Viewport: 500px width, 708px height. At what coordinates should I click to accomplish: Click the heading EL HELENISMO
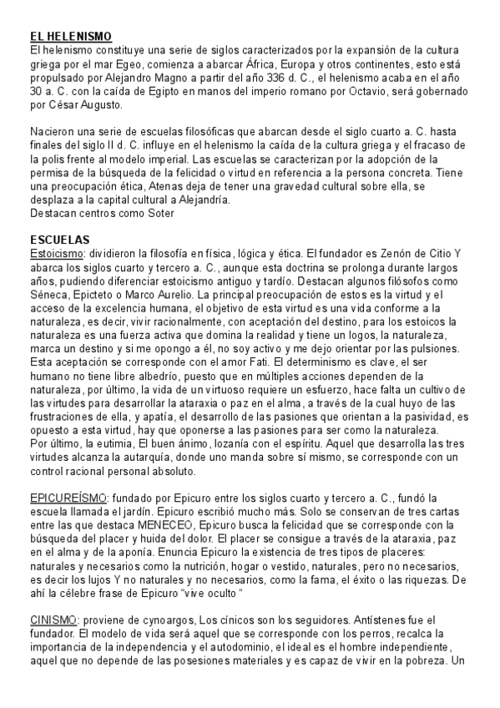pyautogui.click(x=70, y=38)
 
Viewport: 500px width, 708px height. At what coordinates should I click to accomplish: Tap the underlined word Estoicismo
pyautogui.click(x=57, y=252)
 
